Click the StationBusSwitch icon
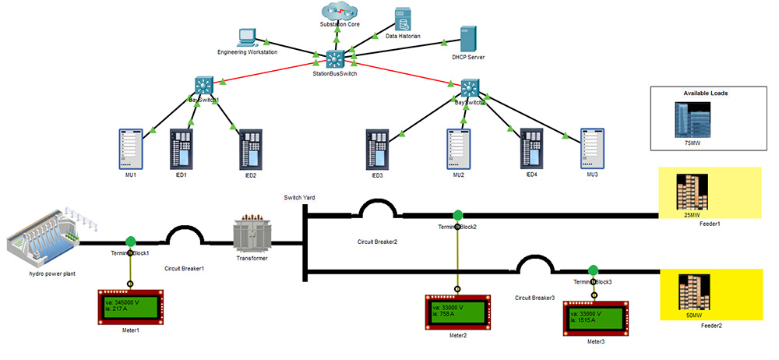(x=335, y=58)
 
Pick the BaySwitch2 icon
(x=469, y=87)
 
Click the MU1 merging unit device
(x=132, y=148)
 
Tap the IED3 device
(x=377, y=148)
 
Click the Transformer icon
(x=251, y=235)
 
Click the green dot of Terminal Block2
(x=457, y=214)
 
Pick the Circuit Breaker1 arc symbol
(x=185, y=235)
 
